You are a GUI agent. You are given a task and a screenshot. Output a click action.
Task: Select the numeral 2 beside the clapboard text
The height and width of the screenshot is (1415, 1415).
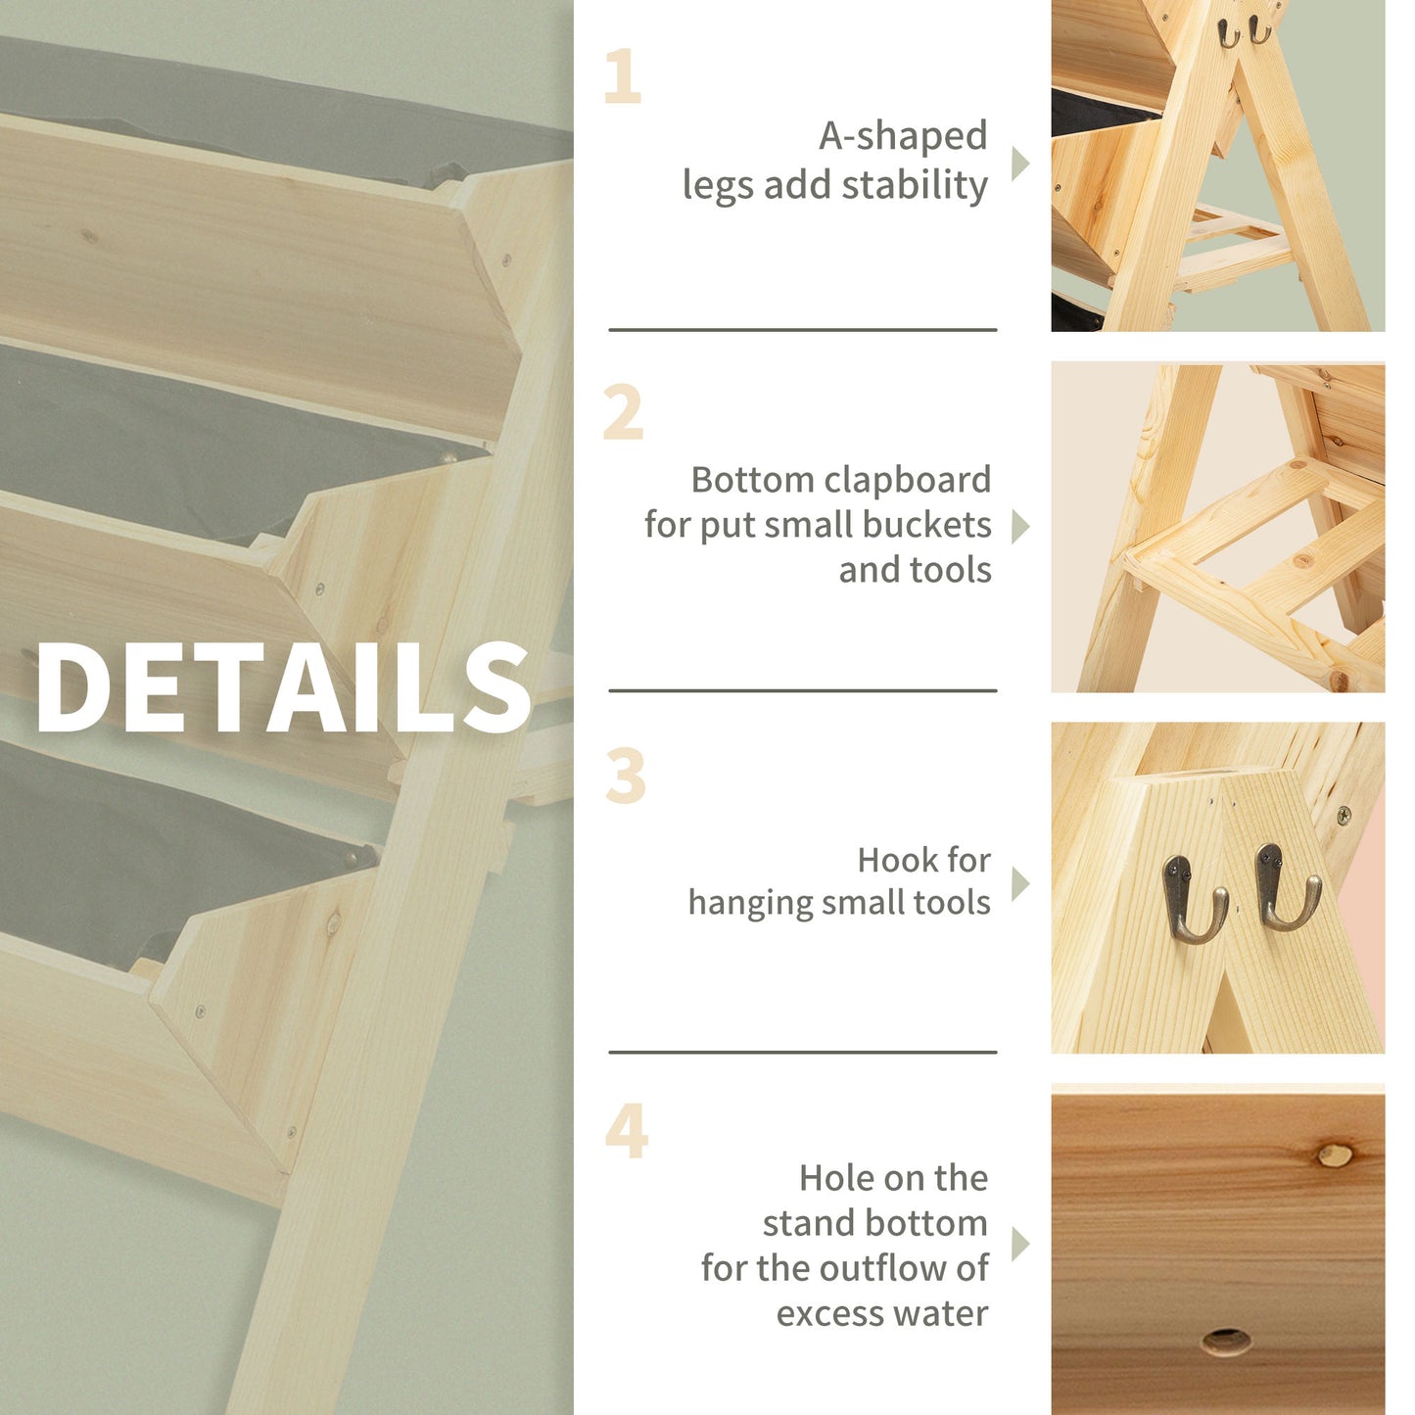(623, 413)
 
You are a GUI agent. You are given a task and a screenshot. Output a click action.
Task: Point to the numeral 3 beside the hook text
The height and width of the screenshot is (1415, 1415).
(625, 777)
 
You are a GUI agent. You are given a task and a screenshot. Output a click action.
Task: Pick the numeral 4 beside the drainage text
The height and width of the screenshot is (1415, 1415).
(626, 1131)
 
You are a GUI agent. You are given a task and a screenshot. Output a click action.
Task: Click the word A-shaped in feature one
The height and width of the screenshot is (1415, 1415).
(903, 137)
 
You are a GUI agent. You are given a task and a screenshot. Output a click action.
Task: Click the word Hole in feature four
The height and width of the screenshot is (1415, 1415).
(834, 1178)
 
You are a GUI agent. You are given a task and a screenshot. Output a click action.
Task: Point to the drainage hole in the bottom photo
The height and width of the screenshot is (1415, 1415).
(1225, 1341)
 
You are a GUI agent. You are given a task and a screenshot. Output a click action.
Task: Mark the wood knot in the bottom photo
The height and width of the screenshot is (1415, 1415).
(1333, 1156)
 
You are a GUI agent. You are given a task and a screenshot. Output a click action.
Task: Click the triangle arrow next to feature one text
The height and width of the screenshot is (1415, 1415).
(1019, 164)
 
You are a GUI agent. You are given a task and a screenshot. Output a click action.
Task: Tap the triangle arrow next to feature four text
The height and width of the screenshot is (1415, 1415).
(1019, 1245)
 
